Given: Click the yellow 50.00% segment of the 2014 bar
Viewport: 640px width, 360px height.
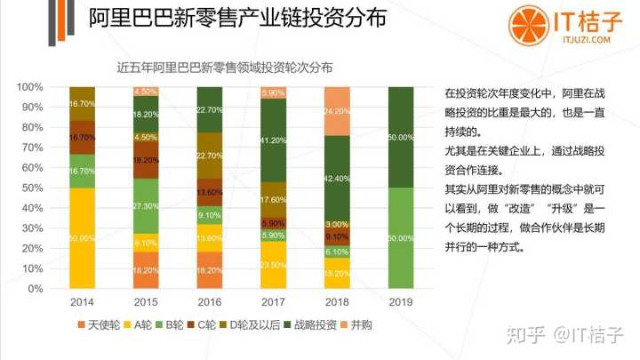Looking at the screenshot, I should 83,238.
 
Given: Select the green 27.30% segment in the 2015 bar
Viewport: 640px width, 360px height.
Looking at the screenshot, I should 146,207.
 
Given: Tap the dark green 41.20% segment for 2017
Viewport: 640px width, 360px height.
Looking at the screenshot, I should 273,140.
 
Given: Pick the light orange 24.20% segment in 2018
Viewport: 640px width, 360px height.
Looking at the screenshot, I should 337,111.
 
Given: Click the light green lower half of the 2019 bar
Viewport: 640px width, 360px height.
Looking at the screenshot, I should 401,238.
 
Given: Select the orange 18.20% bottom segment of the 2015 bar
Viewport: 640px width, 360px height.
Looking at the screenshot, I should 146,270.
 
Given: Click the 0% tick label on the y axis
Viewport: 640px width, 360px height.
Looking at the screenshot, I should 35,289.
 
